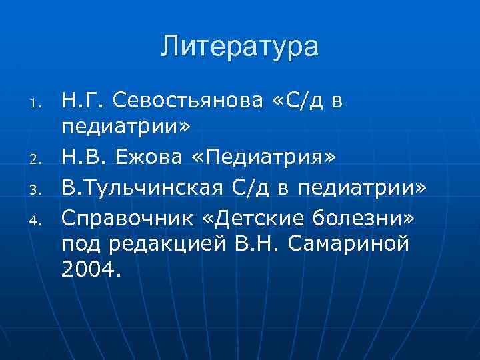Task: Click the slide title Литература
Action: tap(240, 47)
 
